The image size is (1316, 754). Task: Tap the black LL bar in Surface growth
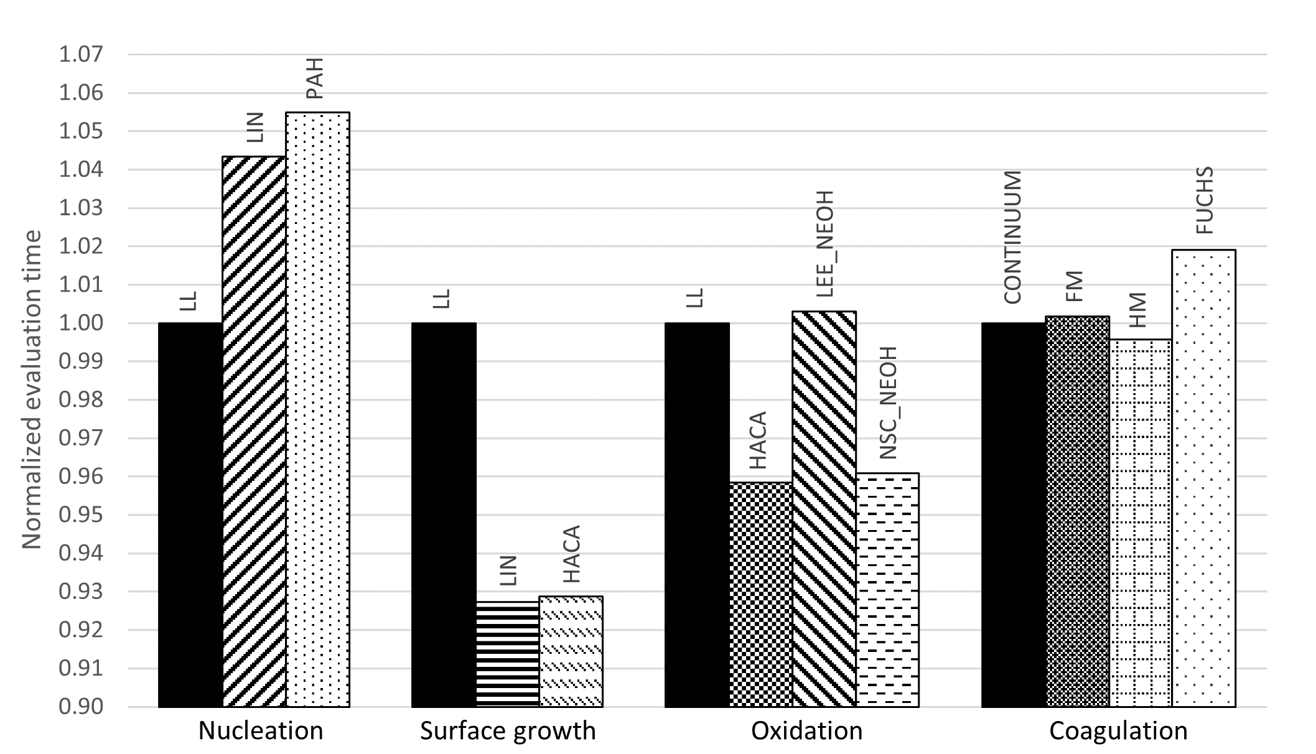coord(444,514)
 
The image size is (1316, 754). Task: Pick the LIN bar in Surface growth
coord(507,654)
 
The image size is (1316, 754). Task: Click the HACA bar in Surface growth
coord(571,651)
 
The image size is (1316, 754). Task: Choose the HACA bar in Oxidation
coord(760,594)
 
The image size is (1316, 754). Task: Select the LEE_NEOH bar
coord(824,509)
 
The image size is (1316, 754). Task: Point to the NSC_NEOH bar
coord(887,590)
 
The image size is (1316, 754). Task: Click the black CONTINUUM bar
coord(1013,514)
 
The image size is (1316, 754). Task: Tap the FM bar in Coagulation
coord(1077,511)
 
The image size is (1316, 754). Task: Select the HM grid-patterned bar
coord(1141,523)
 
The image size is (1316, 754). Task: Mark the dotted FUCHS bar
coord(1203,478)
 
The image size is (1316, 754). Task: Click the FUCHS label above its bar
coord(1205,200)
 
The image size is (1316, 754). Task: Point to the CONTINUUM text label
coord(1012,237)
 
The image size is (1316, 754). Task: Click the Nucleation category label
coord(261,730)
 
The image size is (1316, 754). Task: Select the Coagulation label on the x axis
coord(1118,730)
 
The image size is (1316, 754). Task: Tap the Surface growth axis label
coord(508,730)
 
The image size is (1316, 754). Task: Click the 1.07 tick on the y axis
coord(80,55)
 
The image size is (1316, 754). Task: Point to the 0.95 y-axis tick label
coord(80,515)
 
